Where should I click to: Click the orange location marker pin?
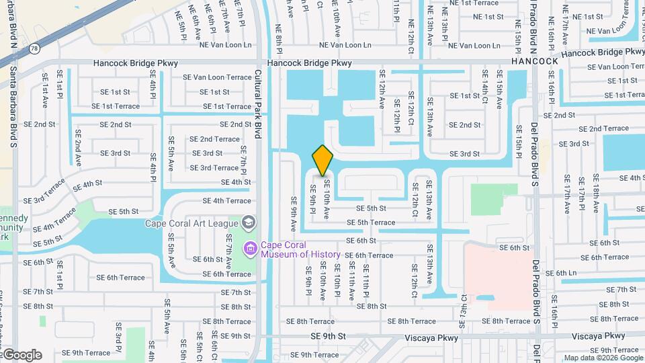[x=322, y=160]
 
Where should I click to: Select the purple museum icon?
[x=251, y=249]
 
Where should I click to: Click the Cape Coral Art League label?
[x=192, y=223]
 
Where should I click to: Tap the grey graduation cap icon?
[x=248, y=223]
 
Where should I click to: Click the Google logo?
[x=21, y=355]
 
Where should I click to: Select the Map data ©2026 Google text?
[x=603, y=358]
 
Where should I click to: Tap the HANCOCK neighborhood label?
[x=535, y=61]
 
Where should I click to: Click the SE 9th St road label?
[x=328, y=336]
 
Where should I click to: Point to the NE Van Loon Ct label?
[x=601, y=30]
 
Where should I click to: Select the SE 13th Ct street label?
[x=464, y=306]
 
